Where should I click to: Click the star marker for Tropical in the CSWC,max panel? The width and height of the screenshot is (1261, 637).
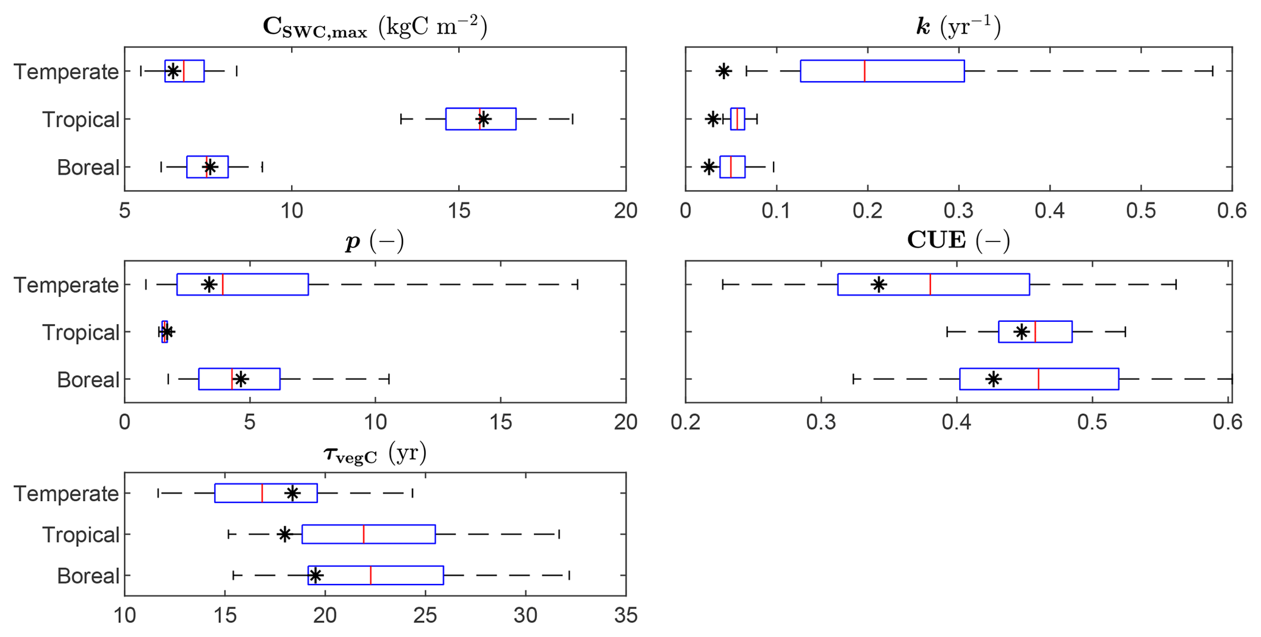(x=483, y=119)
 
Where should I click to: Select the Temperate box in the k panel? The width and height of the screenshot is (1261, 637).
(x=882, y=71)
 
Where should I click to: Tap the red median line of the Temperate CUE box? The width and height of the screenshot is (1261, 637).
(x=930, y=285)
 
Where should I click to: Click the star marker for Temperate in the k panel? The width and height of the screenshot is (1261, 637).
(x=724, y=71)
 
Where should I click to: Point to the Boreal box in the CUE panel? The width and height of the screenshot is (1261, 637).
(x=1039, y=379)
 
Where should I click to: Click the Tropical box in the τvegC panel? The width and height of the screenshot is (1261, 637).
(x=368, y=535)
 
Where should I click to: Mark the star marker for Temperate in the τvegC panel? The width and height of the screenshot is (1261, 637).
(x=292, y=493)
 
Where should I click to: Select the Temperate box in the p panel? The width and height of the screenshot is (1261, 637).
(x=242, y=285)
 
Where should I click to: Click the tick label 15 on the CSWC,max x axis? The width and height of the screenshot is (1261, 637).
(x=458, y=211)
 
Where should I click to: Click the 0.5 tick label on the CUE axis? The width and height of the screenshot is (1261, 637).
(x=1092, y=422)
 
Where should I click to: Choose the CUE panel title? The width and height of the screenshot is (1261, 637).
(x=958, y=240)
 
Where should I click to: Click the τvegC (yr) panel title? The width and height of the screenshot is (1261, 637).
(x=375, y=454)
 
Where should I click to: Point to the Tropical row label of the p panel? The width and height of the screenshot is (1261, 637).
(x=81, y=332)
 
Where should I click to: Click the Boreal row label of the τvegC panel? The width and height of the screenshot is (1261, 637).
(x=88, y=575)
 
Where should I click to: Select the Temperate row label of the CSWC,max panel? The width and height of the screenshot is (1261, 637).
(x=66, y=72)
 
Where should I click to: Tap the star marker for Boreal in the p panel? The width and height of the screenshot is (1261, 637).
(x=241, y=379)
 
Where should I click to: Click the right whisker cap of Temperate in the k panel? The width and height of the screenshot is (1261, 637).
(x=1212, y=71)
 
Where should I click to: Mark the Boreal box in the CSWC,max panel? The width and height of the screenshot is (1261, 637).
(x=207, y=167)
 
